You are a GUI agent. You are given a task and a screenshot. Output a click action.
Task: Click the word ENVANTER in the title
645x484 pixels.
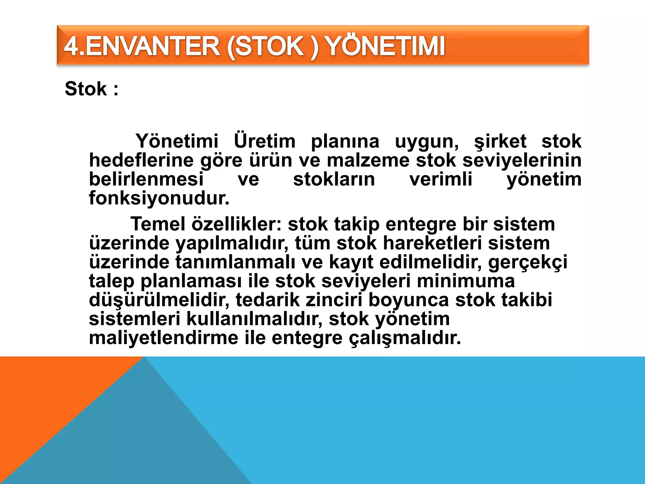pos(152,46)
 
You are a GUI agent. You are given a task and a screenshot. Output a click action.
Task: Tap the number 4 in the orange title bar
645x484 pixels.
pos(71,46)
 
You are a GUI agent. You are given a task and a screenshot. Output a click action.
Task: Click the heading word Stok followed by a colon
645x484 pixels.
pos(86,89)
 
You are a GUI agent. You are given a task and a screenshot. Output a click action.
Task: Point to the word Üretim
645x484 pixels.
pos(265,141)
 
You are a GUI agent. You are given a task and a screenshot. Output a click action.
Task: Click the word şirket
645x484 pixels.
pos(500,141)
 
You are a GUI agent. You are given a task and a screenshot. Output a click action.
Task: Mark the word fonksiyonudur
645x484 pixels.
pos(159,198)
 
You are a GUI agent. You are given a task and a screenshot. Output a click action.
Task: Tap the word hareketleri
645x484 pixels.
pos(432,243)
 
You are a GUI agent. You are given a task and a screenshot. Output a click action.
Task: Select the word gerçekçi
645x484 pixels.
pos(528,262)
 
